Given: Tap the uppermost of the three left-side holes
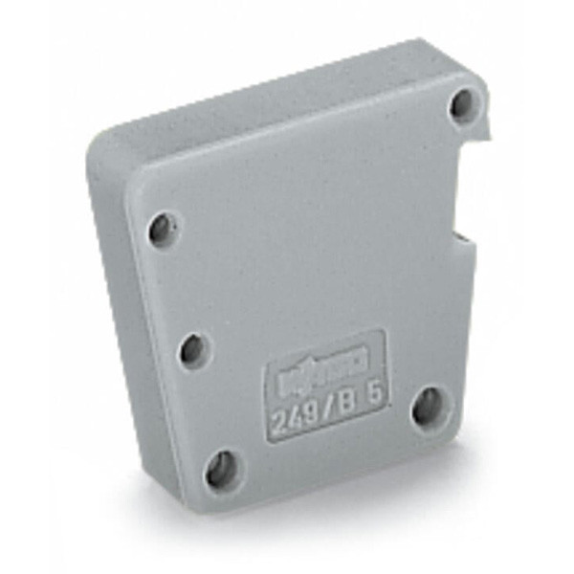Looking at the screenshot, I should [162, 228].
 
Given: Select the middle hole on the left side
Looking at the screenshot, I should [192, 348].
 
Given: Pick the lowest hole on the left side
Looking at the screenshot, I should [221, 467].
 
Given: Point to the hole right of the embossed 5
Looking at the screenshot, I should [427, 407].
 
